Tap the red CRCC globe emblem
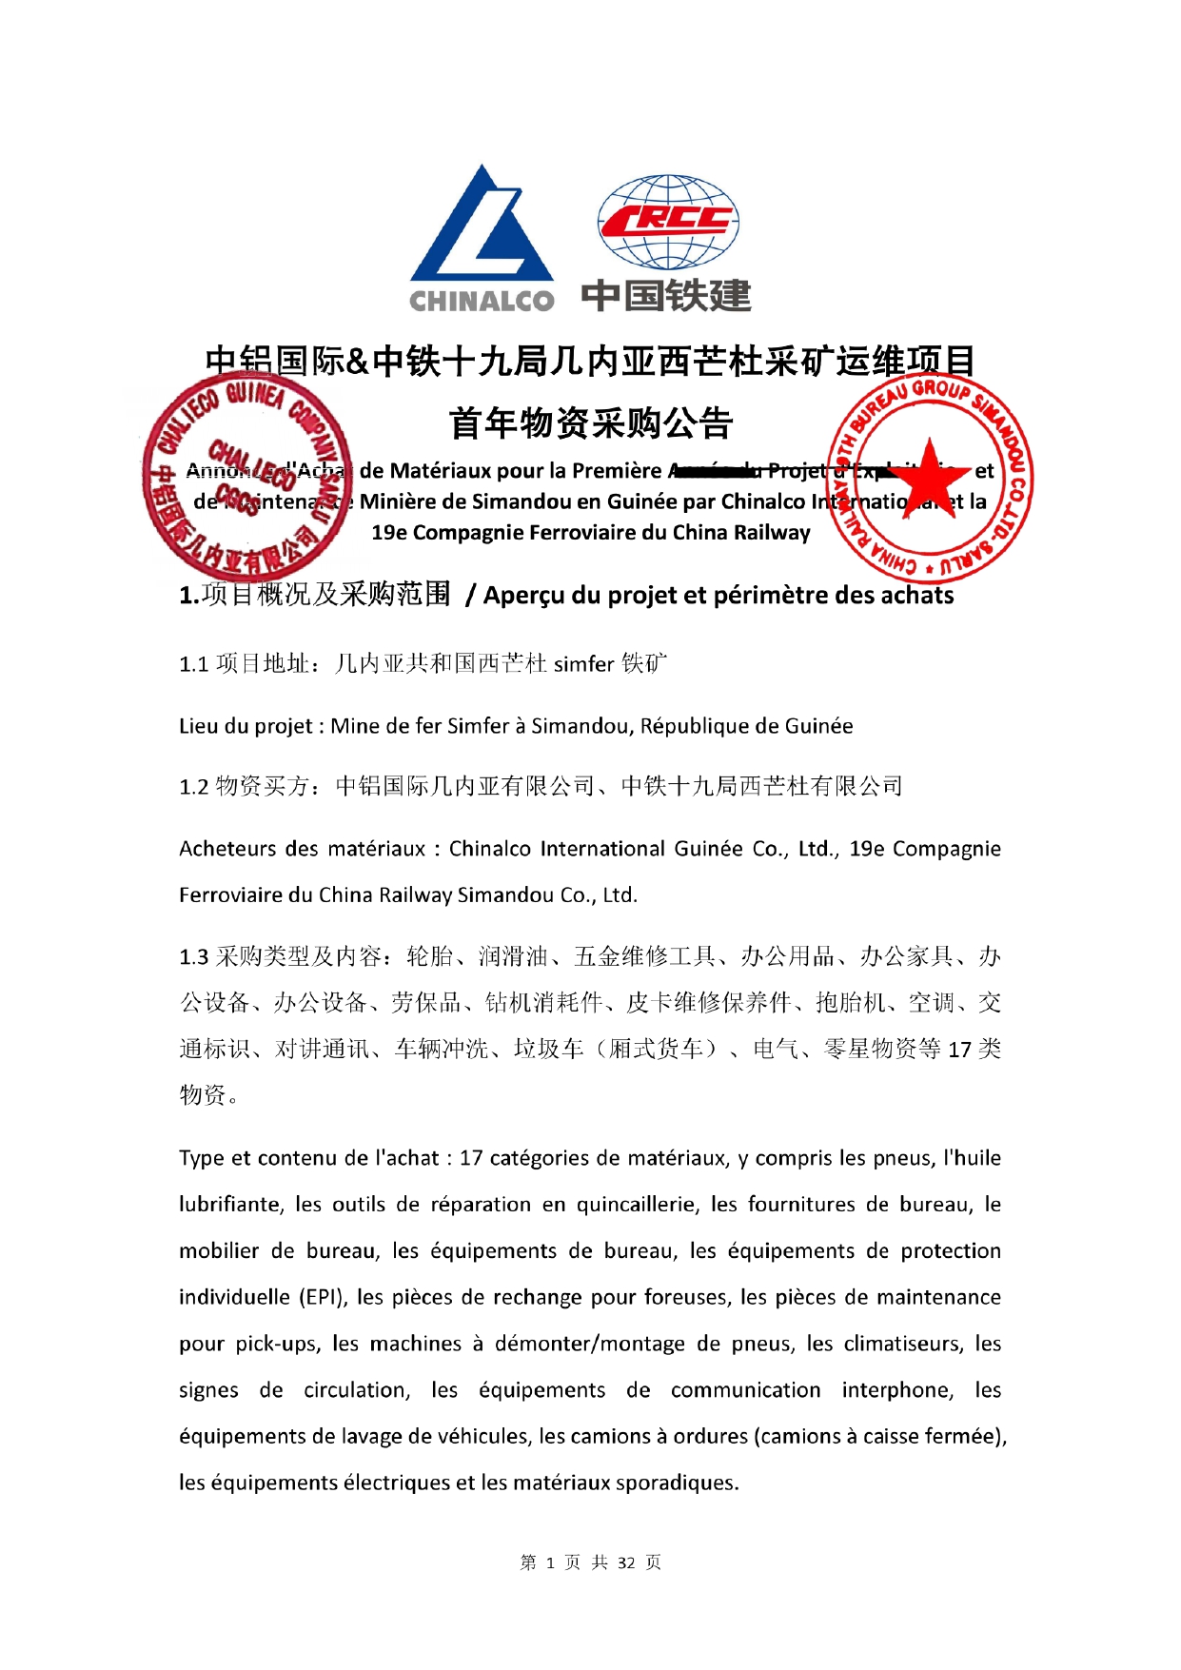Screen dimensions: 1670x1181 (x=667, y=221)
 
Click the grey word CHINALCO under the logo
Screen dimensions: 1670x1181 (x=482, y=301)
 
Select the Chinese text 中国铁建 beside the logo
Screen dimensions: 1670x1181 (x=666, y=296)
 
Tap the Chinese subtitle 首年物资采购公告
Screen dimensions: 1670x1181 (x=590, y=423)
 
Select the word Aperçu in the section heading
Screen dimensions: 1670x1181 (x=526, y=596)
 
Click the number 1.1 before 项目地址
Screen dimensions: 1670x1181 (x=193, y=664)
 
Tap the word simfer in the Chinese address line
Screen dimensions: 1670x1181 (x=584, y=664)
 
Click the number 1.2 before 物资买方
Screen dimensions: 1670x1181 (x=193, y=787)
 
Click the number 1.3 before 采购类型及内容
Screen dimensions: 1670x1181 (x=193, y=957)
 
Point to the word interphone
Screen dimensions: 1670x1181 (x=896, y=1390)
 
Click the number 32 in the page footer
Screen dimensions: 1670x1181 (x=626, y=1562)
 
